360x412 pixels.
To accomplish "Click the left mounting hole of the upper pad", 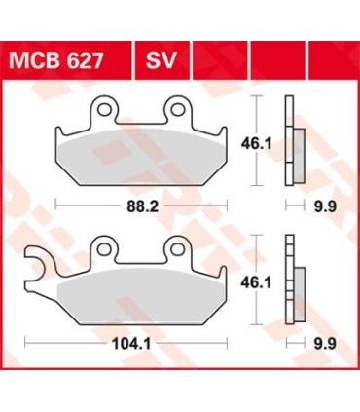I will (102, 108).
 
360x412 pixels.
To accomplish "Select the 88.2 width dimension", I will (140, 206).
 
